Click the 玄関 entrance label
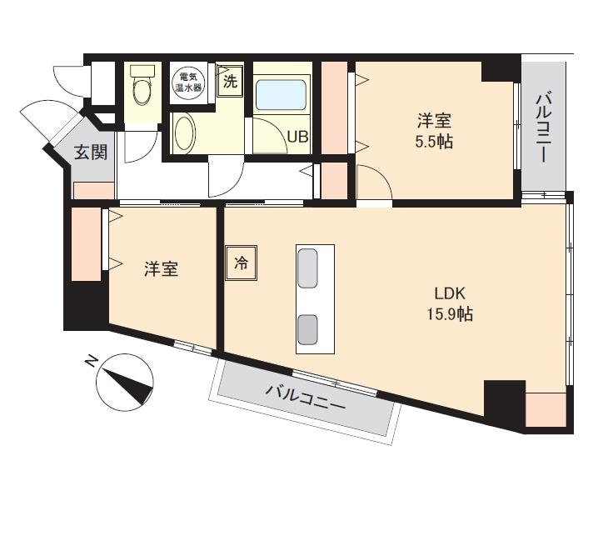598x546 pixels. (91, 153)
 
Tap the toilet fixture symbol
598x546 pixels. (142, 85)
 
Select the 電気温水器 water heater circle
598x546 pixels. (188, 82)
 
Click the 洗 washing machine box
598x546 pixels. (230, 81)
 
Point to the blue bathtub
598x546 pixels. (281, 95)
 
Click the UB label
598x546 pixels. (297, 137)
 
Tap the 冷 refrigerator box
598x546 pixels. (241, 263)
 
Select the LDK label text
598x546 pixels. (450, 293)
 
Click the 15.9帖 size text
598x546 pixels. (450, 314)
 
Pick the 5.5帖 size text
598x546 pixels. (434, 142)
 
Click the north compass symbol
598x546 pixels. (125, 382)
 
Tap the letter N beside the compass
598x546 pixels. (91, 361)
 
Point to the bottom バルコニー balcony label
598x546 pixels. (305, 398)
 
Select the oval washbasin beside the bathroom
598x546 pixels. (185, 133)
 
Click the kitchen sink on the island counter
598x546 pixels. (307, 268)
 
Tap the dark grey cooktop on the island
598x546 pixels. (307, 329)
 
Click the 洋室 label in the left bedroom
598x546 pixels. (161, 269)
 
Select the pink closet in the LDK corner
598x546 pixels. (546, 409)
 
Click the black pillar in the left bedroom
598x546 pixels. (86, 306)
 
